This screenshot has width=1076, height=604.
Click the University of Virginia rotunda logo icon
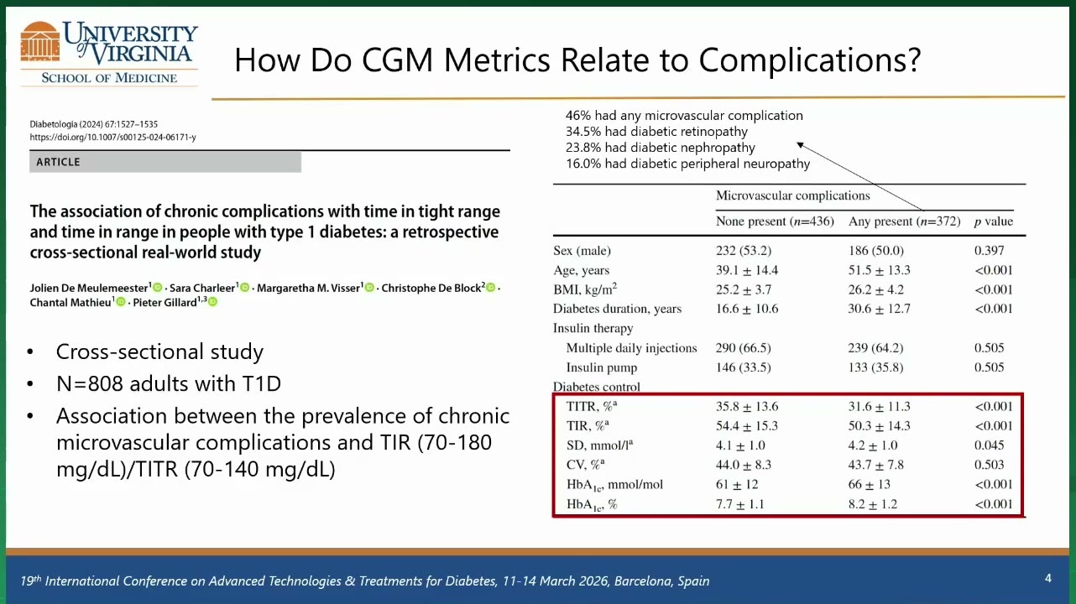40,42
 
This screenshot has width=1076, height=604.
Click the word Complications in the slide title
809,60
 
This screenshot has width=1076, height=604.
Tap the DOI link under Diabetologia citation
112,138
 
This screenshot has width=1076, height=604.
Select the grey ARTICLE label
165,162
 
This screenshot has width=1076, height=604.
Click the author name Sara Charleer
202,288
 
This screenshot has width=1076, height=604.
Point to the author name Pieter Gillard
165,303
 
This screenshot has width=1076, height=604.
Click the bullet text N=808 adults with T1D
169,383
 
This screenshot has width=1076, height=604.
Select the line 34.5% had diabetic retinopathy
656,132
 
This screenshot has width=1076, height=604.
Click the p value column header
994,221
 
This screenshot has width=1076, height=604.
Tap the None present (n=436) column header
775,221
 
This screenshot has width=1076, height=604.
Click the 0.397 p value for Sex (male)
989,251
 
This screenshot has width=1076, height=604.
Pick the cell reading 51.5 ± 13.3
879,270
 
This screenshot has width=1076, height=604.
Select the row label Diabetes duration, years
617,309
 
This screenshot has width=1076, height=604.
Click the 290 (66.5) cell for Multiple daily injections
743,347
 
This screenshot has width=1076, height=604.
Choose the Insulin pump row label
602,367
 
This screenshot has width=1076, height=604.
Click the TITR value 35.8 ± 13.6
747,407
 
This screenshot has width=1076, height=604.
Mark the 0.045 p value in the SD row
989,445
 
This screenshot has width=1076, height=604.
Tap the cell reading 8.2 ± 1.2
872,504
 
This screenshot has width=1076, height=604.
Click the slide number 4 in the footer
1048,578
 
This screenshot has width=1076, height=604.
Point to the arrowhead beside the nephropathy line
800,145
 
